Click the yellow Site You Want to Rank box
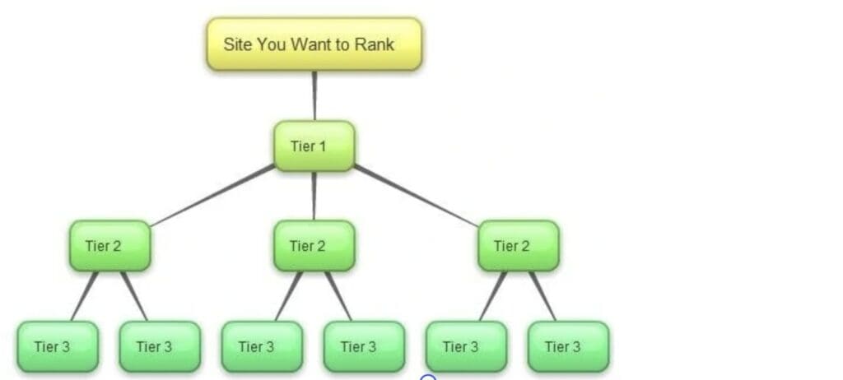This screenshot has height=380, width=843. pyautogui.click(x=314, y=44)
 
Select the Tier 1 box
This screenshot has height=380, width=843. pyautogui.click(x=314, y=146)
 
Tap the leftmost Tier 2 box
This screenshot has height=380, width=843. pyautogui.click(x=109, y=245)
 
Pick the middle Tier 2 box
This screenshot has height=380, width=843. pyautogui.click(x=314, y=245)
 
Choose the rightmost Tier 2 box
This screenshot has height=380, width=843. pyautogui.click(x=518, y=245)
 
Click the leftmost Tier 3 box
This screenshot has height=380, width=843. pyautogui.click(x=58, y=346)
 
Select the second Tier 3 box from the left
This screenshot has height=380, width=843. pyautogui.click(x=160, y=346)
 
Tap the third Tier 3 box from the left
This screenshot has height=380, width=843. pyautogui.click(x=262, y=346)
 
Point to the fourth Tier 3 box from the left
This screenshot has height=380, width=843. pyautogui.click(x=364, y=346)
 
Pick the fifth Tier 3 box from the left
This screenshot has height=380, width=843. pyautogui.click(x=466, y=346)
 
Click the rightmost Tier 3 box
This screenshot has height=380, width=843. pyautogui.click(x=568, y=346)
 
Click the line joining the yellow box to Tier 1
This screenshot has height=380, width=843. pyautogui.click(x=314, y=95)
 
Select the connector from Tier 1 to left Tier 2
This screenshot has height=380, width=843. pyautogui.click(x=212, y=195)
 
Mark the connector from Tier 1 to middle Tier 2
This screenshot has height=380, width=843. pyautogui.click(x=314, y=196)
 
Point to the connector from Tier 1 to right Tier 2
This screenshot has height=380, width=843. pyautogui.click(x=416, y=195)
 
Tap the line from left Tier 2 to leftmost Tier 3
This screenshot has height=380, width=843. pyautogui.click(x=84, y=296)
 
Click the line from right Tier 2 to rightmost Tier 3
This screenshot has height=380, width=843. pyautogui.click(x=543, y=296)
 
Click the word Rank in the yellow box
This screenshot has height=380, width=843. pyautogui.click(x=375, y=44)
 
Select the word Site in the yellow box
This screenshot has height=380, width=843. pyautogui.click(x=237, y=44)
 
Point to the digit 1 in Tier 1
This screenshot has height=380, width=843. pyautogui.click(x=323, y=146)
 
